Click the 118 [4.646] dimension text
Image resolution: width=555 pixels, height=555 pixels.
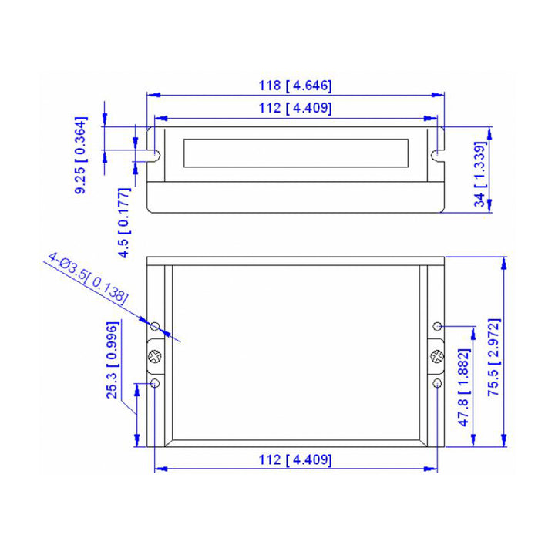(295, 86)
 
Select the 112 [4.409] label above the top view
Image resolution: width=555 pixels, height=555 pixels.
(295, 108)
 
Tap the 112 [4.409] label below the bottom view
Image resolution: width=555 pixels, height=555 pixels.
(295, 459)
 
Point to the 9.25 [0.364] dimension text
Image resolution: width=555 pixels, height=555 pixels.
(81, 155)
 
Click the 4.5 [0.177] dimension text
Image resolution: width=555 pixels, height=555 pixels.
(125, 223)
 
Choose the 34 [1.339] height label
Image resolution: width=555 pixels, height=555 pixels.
(480, 174)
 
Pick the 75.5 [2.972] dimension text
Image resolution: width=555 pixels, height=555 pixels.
(494, 358)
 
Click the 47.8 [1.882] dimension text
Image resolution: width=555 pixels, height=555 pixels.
(464, 388)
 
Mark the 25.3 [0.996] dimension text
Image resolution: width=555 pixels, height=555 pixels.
(113, 360)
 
